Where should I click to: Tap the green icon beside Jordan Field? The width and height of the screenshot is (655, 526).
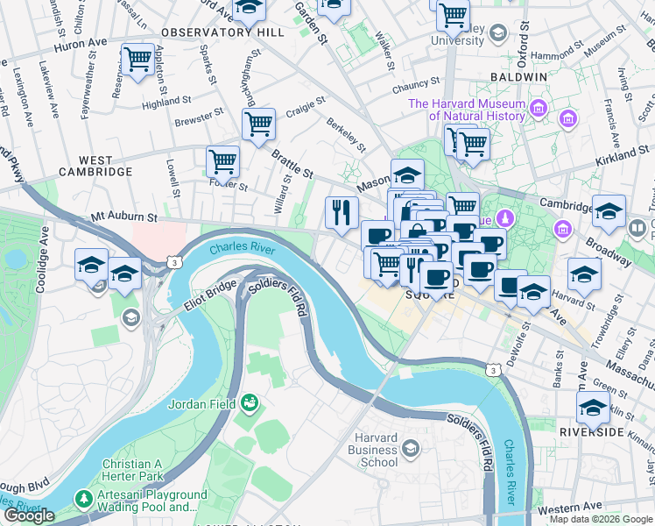[x=250, y=402]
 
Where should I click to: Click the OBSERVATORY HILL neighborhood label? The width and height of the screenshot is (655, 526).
[x=222, y=32]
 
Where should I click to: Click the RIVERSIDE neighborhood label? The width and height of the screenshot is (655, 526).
[x=592, y=432]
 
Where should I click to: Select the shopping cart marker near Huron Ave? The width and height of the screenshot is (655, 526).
[x=137, y=60]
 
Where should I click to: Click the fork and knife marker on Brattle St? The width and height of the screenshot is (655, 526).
[x=341, y=211]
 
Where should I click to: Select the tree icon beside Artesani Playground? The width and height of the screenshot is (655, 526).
[x=83, y=499]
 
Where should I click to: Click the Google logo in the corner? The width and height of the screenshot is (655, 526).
[x=29, y=515]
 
